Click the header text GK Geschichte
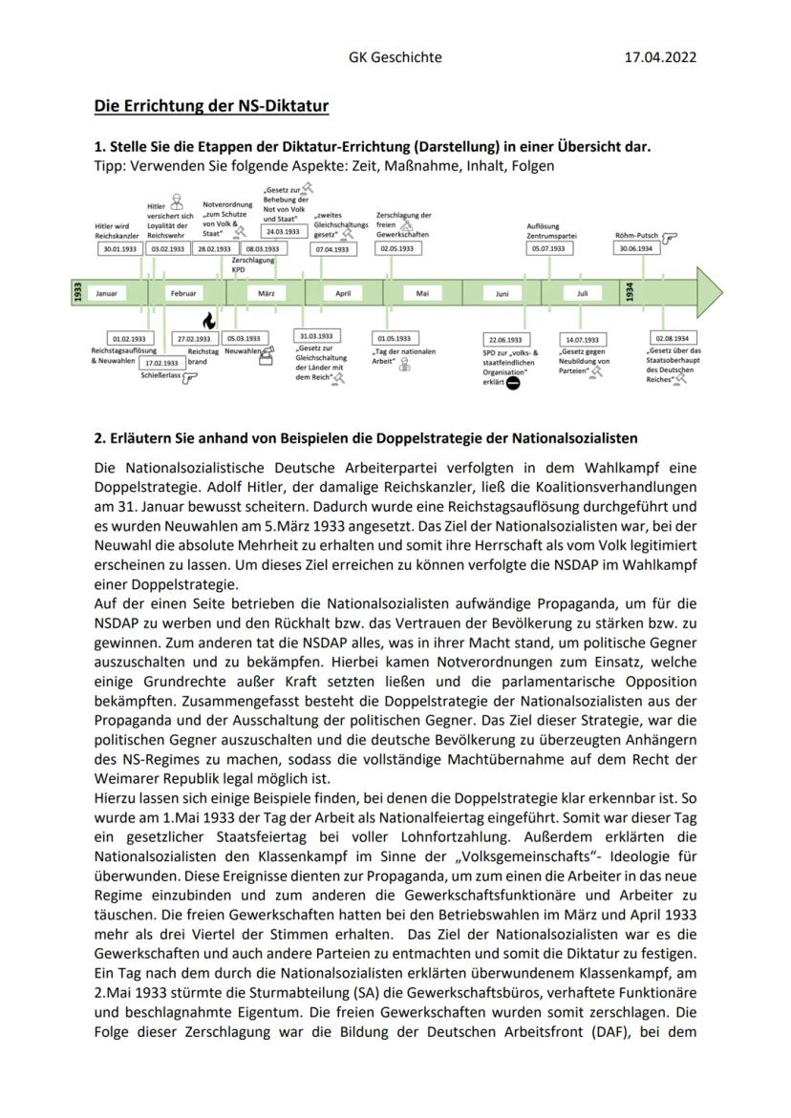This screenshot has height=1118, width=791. pos(395,57)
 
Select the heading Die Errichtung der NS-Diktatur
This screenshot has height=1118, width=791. pos(211,106)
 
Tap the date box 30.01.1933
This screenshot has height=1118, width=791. pos(118,248)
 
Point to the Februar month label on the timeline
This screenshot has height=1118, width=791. pos(182,294)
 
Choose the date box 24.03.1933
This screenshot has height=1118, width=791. pos(284,231)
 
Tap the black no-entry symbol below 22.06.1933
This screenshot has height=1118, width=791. pos(513,383)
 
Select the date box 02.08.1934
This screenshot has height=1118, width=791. pos(673,338)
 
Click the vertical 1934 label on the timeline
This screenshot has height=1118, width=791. pos(630,293)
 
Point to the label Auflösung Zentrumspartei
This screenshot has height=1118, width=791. pos(551,230)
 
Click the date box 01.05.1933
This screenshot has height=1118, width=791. pos(395,338)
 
